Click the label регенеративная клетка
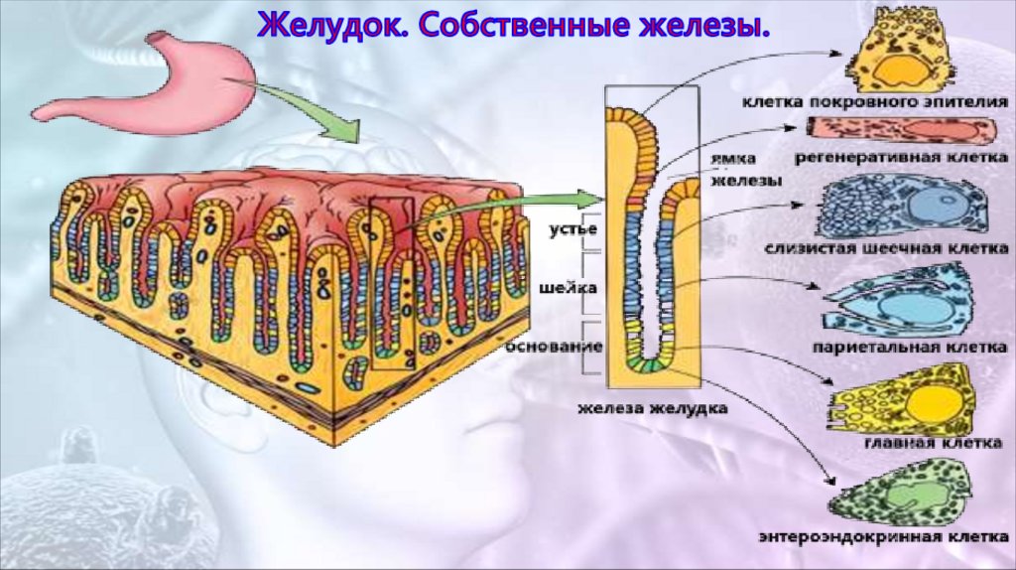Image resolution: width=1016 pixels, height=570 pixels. (x=901, y=157)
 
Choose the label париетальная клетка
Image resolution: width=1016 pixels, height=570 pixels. (x=909, y=348)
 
